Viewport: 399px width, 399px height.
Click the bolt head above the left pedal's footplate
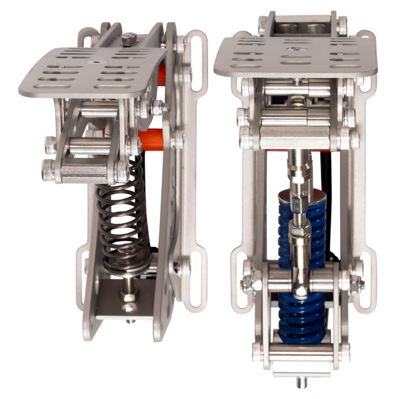[129, 39]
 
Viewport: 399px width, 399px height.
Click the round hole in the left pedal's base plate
[129, 307]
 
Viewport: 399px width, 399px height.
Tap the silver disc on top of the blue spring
[302, 195]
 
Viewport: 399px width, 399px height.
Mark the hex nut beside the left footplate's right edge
[158, 107]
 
